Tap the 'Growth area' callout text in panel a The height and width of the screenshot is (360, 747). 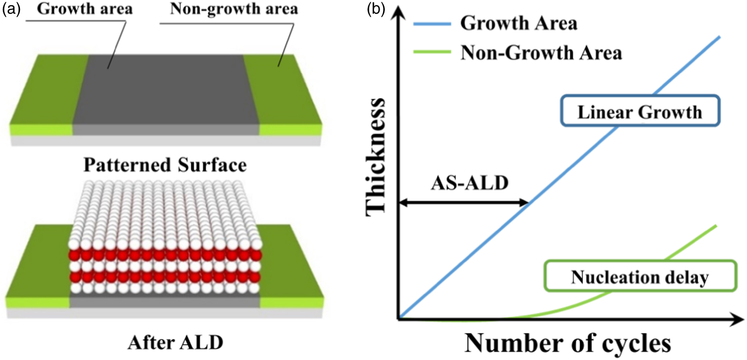point(85,9)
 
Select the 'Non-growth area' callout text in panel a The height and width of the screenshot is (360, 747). point(234,9)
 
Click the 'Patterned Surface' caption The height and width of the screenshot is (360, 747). point(165,165)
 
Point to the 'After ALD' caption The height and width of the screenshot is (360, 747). point(175,342)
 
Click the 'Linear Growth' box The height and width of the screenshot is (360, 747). point(640,111)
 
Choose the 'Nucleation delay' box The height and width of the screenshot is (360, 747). point(640,276)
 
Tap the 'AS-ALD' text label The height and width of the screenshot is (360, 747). point(470,183)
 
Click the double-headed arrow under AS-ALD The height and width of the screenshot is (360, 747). point(463,203)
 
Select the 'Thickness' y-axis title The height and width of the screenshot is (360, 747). point(375,157)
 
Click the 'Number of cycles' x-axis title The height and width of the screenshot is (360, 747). point(568,342)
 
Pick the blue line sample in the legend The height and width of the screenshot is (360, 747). point(432,23)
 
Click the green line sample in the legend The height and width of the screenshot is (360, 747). point(432,52)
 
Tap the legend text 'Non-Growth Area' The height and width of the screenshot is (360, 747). point(541,52)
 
